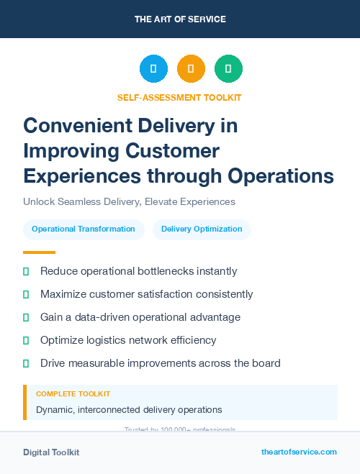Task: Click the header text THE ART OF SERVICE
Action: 180,19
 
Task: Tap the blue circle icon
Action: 153,69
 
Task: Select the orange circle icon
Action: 191,69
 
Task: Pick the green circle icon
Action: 228,69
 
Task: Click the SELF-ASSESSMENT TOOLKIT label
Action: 179,97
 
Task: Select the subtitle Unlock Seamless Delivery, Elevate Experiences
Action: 129,201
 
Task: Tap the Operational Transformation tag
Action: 84,229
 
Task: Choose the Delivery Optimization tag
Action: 202,229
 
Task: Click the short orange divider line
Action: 39,252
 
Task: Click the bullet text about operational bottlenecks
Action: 138,271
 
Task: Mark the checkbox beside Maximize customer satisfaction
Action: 26,294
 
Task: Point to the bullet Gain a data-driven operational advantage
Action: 140,317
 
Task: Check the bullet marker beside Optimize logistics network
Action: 26,340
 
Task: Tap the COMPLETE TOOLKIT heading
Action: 73,394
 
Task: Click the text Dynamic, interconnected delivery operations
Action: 129,409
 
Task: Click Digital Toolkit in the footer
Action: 51,452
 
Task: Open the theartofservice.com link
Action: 299,452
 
